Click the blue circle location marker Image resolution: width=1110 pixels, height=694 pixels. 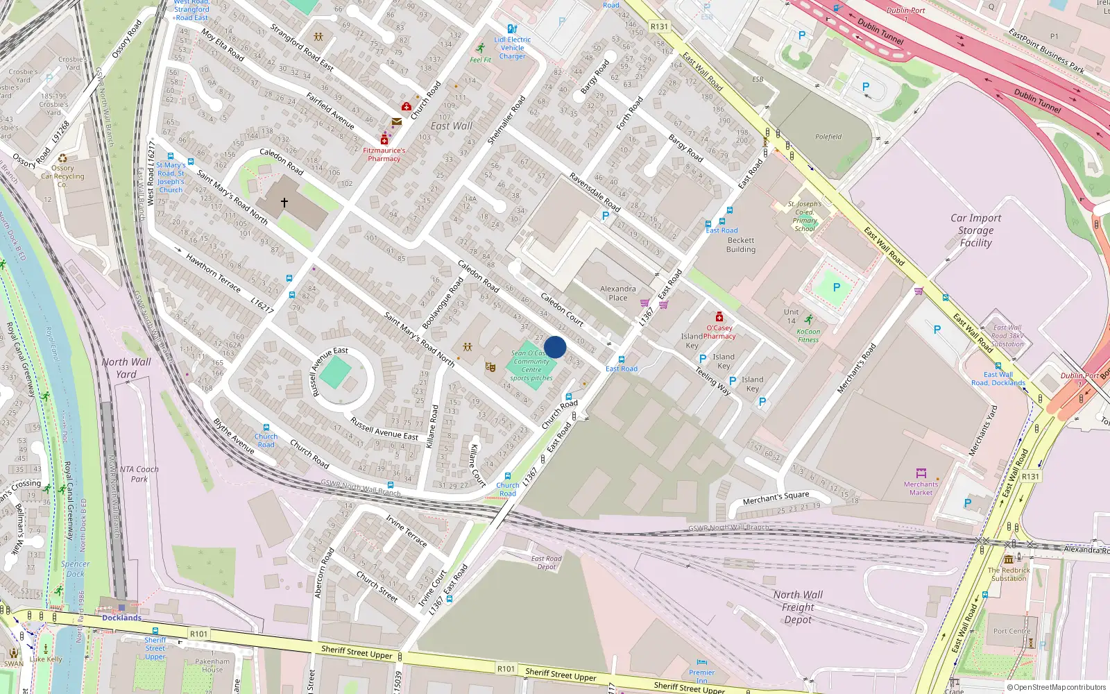(555, 347)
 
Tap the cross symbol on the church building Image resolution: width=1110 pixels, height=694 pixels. (284, 203)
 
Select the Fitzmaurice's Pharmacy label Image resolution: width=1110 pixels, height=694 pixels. (384, 154)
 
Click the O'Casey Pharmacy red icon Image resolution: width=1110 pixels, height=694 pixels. (719, 317)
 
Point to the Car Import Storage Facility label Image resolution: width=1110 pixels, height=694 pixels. (975, 230)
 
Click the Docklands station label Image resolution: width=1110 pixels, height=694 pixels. (121, 618)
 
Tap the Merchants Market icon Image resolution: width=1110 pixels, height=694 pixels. (921, 473)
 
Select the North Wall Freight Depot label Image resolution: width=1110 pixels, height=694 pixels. (798, 607)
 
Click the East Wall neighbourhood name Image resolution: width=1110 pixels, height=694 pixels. (452, 126)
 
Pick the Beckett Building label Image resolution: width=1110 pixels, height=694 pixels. (740, 245)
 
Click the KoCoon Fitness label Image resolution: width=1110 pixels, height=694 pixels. (808, 336)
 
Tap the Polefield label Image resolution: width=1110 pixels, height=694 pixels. (828, 137)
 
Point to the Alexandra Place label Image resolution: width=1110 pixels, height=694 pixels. (617, 293)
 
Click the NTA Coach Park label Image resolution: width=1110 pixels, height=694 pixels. (139, 474)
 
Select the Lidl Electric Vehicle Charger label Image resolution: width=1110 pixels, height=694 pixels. (513, 48)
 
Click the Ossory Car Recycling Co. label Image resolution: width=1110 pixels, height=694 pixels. (62, 176)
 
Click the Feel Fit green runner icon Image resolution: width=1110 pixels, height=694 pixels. (481, 48)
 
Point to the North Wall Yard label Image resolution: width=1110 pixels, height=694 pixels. (126, 368)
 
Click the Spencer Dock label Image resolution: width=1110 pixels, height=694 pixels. (75, 568)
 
